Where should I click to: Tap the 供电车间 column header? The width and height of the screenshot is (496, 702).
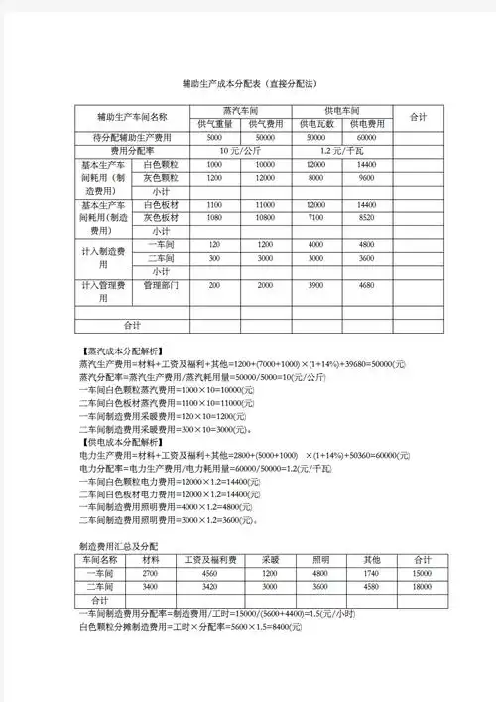point(341,110)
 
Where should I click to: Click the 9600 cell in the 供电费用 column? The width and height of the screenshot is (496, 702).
point(366,177)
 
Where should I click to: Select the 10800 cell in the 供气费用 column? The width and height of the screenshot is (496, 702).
point(264,216)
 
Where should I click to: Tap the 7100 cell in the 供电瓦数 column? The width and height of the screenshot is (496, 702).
point(316,216)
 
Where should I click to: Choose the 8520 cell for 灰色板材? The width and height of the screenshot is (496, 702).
point(366,216)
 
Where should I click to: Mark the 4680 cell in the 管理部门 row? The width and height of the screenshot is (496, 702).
point(366,285)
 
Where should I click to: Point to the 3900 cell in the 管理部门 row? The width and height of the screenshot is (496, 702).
point(316,285)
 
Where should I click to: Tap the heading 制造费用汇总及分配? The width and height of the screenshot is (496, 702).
point(118,547)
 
